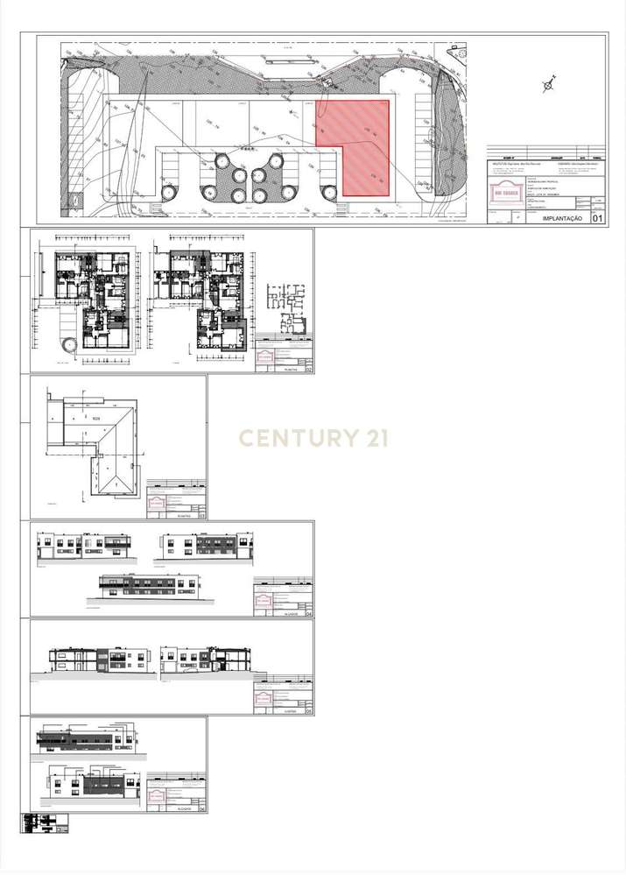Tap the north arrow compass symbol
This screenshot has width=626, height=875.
[549, 85]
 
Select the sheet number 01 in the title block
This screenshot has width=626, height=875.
[599, 218]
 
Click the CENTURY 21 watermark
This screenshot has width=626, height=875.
[313, 438]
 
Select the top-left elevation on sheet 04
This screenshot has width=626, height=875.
[84, 545]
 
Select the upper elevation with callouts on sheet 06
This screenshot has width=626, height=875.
[86, 738]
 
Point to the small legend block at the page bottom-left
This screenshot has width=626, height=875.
[45, 823]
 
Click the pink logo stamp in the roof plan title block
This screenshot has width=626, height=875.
[157, 504]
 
